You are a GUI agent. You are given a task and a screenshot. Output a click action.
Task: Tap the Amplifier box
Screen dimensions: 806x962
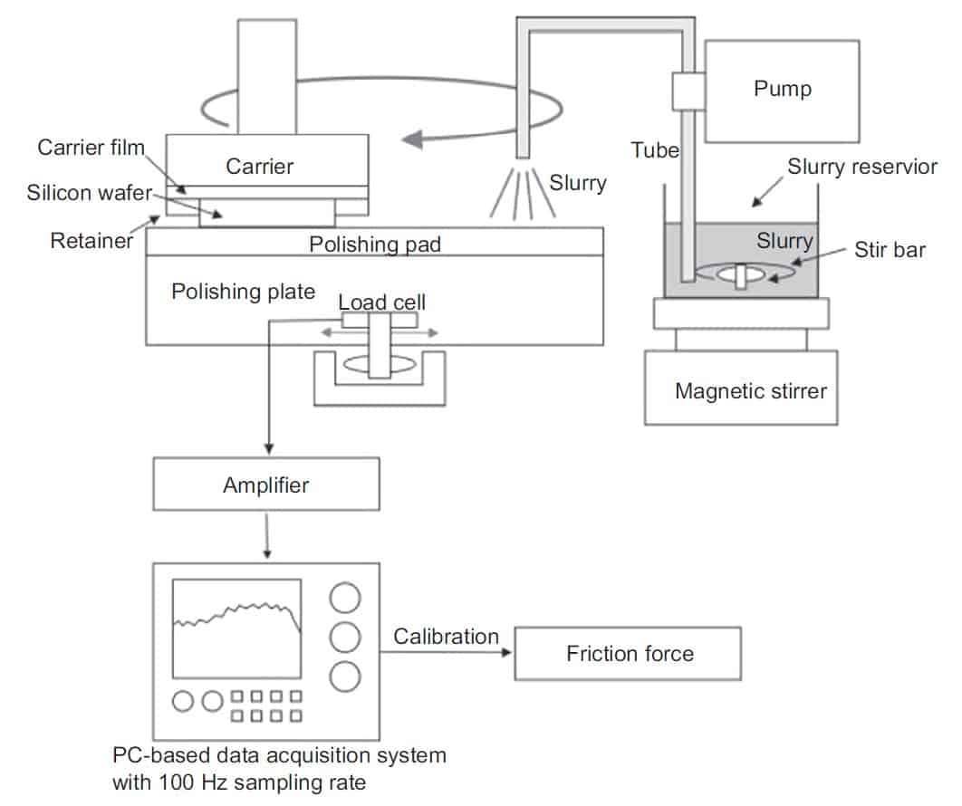(x=266, y=485)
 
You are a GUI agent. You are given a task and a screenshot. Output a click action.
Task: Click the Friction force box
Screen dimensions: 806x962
(x=629, y=653)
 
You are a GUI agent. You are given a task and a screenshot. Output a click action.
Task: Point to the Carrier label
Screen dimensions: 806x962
(x=260, y=167)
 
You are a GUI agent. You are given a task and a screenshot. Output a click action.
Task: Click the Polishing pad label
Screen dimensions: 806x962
(x=375, y=245)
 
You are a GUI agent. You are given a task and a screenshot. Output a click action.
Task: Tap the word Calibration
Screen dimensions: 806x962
(x=446, y=637)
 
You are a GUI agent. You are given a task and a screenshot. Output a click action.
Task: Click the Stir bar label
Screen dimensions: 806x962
(x=890, y=249)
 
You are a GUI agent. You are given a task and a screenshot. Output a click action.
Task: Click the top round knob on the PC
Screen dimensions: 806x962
(x=345, y=598)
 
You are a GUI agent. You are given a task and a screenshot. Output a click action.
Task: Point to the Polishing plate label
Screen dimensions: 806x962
(x=243, y=292)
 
